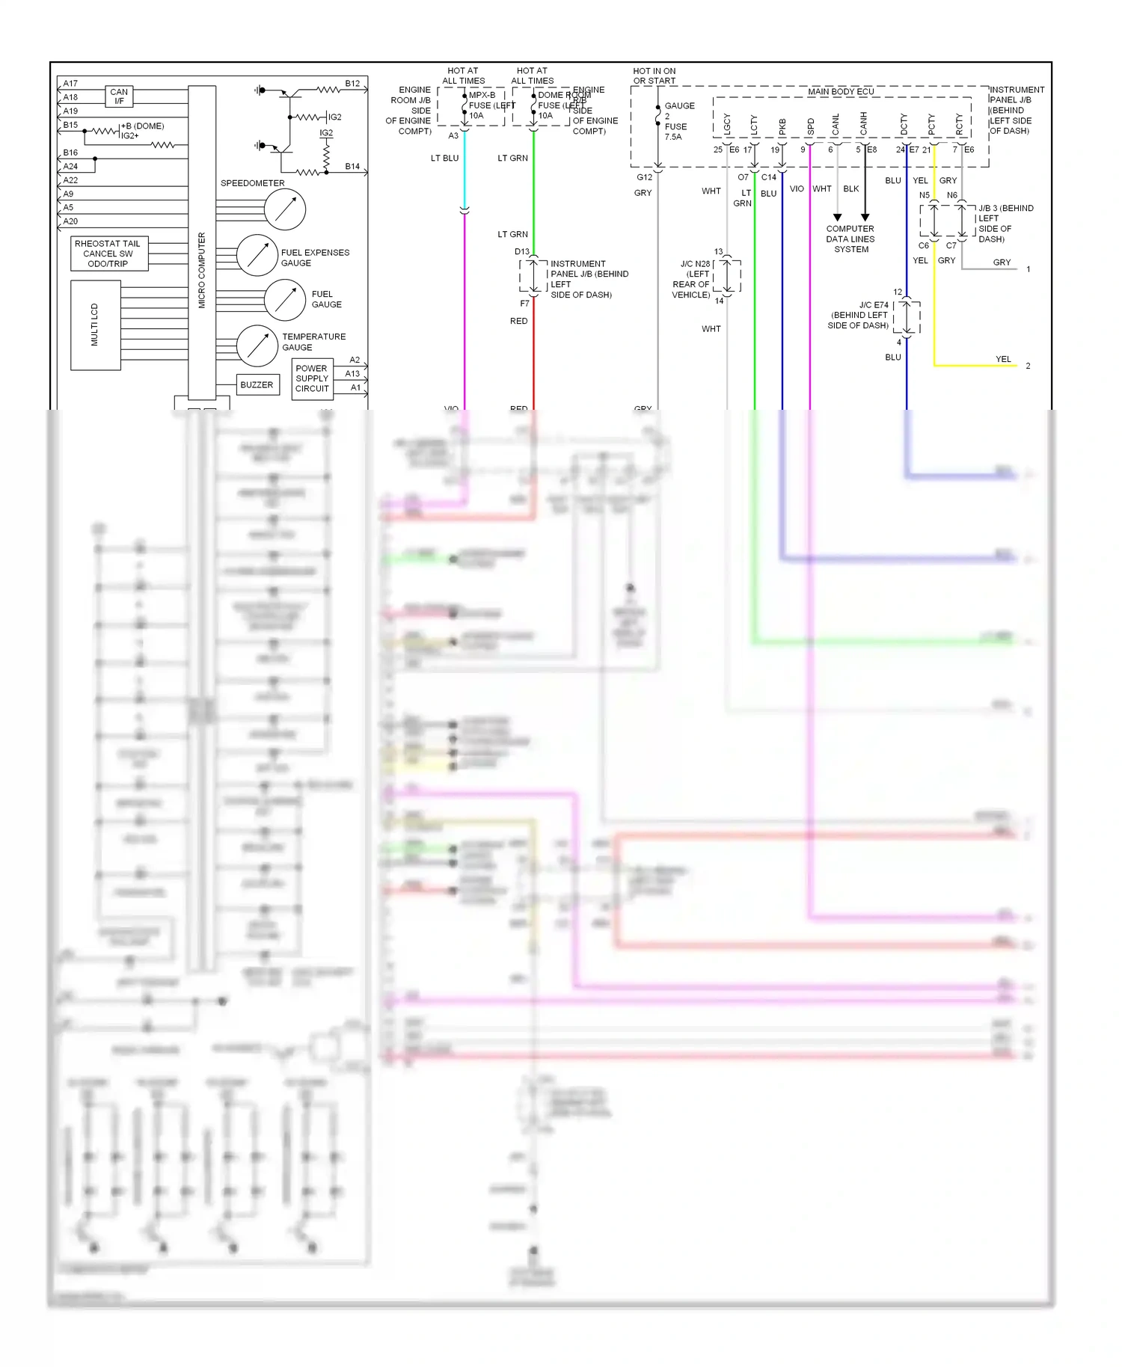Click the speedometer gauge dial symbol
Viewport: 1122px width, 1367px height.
[x=285, y=209]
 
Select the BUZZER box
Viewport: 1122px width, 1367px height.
[x=257, y=385]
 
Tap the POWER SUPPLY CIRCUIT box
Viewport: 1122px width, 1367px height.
[x=312, y=378]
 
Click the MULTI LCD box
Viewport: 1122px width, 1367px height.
[x=95, y=325]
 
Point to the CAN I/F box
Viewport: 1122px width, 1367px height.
[x=119, y=96]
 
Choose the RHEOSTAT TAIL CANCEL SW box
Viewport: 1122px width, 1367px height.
[x=108, y=254]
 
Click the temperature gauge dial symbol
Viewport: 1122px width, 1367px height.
[x=257, y=345]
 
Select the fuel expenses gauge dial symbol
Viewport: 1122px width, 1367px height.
[x=257, y=256]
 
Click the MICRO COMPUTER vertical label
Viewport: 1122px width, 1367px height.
[x=202, y=270]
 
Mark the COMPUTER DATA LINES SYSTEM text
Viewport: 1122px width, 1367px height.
[x=850, y=239]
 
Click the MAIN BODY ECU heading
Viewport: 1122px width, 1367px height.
[x=841, y=92]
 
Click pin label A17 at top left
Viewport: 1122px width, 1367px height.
[x=70, y=84]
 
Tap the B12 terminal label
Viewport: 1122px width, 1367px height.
[x=352, y=84]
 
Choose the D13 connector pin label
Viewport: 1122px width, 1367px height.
[x=521, y=252]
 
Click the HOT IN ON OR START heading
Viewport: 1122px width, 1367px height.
[x=654, y=76]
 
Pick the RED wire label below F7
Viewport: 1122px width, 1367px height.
[x=518, y=322]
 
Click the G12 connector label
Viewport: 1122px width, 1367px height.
[x=644, y=178]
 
